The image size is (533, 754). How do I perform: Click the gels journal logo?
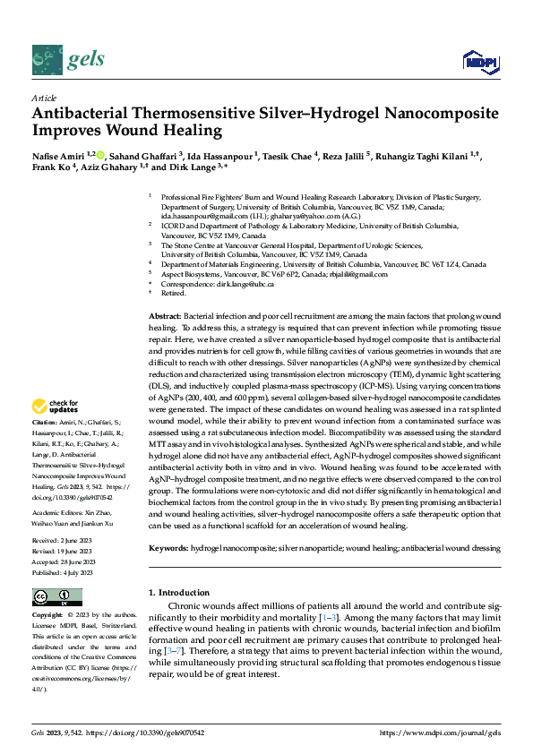(x=68, y=59)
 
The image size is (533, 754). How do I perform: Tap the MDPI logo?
(x=480, y=61)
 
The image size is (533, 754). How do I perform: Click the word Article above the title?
(x=44, y=98)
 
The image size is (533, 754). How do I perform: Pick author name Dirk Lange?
(x=195, y=167)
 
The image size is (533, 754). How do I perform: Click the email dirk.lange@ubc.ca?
(x=245, y=284)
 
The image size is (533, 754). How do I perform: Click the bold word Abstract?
(x=163, y=318)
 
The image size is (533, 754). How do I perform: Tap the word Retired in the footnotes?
(x=174, y=294)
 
